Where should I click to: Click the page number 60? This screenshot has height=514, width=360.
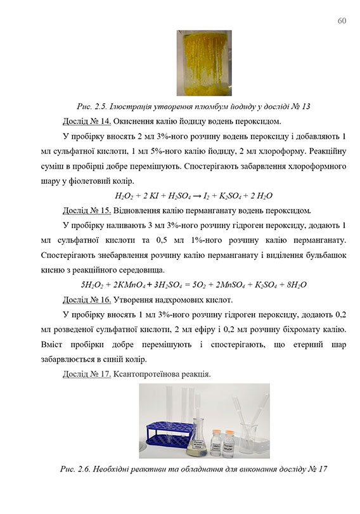[x=342, y=20]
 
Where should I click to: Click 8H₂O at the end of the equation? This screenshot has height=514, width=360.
[x=295, y=285]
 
